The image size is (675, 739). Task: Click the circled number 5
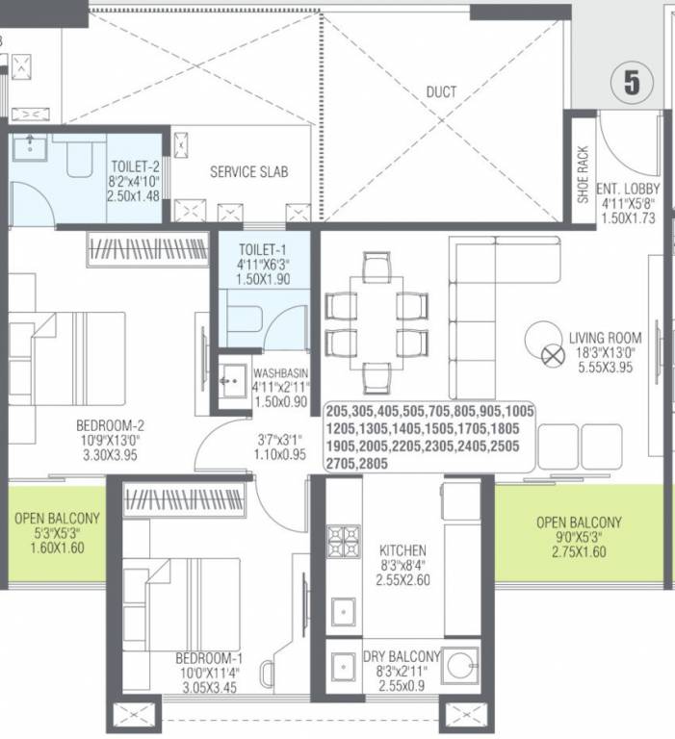pos(631,83)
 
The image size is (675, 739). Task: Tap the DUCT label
pos(441,92)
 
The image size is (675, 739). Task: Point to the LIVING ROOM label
pos(605,338)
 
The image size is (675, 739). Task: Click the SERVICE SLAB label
pos(248,172)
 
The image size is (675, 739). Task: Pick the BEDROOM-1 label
pos(207,658)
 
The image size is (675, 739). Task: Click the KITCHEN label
pos(402,550)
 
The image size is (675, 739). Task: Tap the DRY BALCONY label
pos(402,657)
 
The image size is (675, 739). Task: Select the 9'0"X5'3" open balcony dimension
pos(579,538)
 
